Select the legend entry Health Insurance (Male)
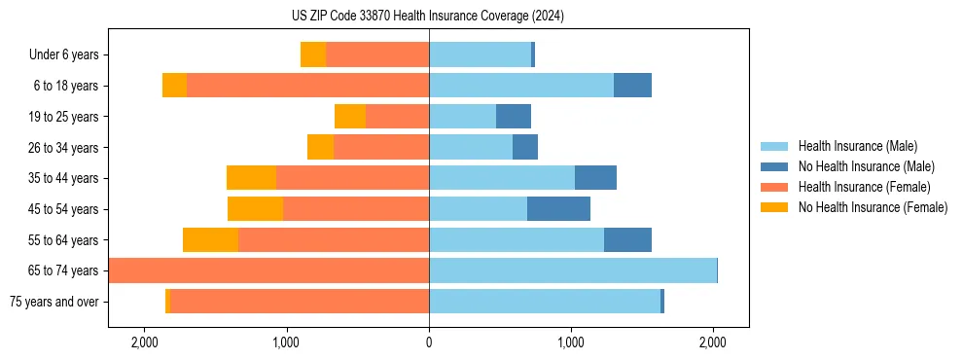(857, 146)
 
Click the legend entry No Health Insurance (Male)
(866, 166)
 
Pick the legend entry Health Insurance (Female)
(864, 187)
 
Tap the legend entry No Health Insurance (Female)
(873, 207)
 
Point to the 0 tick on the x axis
(429, 342)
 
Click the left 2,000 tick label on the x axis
(145, 342)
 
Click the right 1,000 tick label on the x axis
(571, 342)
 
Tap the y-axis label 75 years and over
(54, 302)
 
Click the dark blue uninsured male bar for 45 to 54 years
(558, 209)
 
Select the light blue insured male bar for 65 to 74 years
(573, 270)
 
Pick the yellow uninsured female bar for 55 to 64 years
(210, 240)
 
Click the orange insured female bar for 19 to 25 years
(397, 117)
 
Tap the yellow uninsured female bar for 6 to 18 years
(174, 86)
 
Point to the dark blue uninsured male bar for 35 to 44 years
(595, 178)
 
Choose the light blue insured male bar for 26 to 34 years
(471, 148)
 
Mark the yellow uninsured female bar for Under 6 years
(312, 55)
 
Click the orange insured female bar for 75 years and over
(300, 302)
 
